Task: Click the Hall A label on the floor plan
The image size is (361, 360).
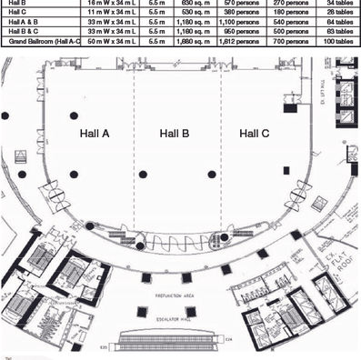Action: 92,134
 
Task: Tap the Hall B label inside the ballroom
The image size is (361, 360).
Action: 174,134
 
